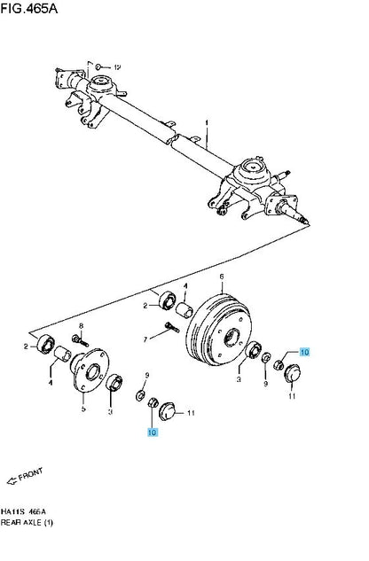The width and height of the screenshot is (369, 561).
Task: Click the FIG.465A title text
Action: [x=29, y=8]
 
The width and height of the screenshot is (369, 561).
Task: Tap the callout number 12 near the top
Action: [x=117, y=67]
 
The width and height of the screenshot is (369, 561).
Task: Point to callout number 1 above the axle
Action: [x=207, y=123]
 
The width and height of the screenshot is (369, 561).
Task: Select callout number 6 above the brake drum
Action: [x=222, y=277]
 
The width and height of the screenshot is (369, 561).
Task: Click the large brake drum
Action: [x=218, y=330]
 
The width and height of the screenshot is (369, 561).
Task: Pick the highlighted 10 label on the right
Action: [x=304, y=352]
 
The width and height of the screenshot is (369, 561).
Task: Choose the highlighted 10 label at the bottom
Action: [x=153, y=432]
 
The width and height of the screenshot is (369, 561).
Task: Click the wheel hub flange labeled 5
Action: [x=90, y=370]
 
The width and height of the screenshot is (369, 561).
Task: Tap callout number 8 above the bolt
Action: [x=82, y=326]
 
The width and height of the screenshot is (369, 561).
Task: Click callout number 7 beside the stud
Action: [x=145, y=339]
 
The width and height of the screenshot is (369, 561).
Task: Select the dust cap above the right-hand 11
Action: [x=292, y=373]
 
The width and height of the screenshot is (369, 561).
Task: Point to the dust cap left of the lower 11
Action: [x=167, y=411]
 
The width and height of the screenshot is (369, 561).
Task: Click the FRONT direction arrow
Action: [x=12, y=481]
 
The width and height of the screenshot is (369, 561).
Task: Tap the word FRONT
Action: [x=31, y=474]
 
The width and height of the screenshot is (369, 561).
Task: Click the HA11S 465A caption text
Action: [x=23, y=511]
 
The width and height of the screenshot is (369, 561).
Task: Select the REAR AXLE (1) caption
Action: [x=27, y=523]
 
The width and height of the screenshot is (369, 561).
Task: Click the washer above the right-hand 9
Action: [x=266, y=357]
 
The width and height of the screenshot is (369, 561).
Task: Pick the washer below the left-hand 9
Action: [x=140, y=395]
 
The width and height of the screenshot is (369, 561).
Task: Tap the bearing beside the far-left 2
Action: [x=46, y=344]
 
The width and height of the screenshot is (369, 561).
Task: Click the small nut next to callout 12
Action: [x=98, y=66]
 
